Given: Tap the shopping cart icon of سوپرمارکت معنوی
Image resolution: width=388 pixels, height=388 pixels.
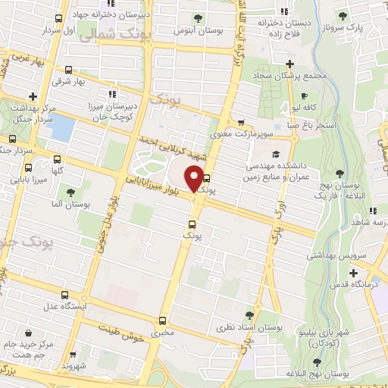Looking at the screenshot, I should coord(241,122).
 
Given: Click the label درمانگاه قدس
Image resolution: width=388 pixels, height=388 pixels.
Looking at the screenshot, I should coord(355,286).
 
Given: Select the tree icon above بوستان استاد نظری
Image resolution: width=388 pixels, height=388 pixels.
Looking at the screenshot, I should coord(249,314).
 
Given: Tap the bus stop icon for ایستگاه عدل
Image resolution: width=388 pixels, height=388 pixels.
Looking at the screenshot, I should coord(64,296).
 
